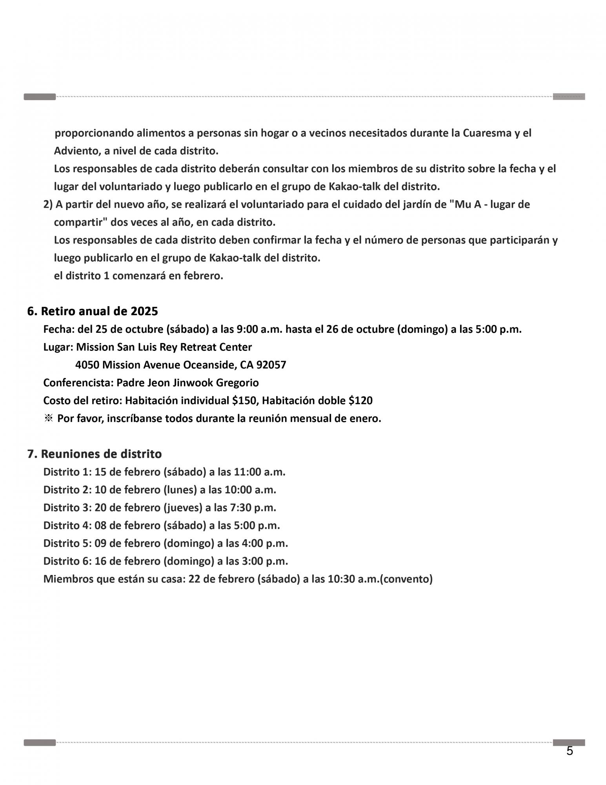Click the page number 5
(x=570, y=751)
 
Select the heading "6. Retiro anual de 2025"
(x=93, y=311)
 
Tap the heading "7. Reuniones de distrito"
(x=95, y=454)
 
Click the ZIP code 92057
(x=271, y=365)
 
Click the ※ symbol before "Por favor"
(x=48, y=418)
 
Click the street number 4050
(x=87, y=365)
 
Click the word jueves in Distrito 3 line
(x=182, y=508)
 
